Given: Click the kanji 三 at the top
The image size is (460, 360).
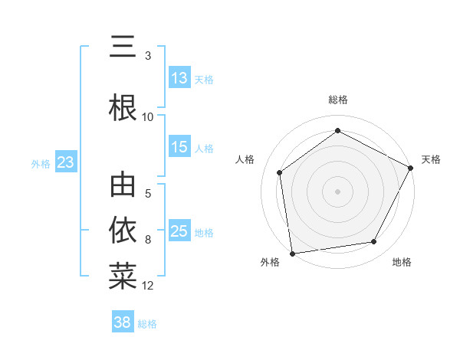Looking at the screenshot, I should [123, 48].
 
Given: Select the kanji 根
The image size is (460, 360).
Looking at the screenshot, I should [123, 106].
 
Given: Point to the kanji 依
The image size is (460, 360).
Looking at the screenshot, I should [123, 229].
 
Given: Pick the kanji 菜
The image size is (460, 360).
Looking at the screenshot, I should [123, 276].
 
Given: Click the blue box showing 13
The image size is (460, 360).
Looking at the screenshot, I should [179, 79].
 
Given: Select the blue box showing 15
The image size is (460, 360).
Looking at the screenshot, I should [179, 148].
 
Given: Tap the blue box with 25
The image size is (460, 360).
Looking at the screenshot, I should [179, 232].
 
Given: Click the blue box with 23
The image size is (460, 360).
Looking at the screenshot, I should [65, 163].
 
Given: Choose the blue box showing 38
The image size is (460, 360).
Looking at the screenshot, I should [123, 323].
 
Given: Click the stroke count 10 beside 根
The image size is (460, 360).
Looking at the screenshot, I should [148, 117].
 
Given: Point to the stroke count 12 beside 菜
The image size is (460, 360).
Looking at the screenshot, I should [148, 286].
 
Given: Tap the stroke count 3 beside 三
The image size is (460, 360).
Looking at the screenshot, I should [148, 56].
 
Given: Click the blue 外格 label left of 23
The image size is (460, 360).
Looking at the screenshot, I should [41, 164].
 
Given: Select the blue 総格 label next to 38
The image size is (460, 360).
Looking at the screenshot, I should [147, 324].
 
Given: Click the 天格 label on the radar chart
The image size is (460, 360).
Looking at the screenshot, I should [431, 159].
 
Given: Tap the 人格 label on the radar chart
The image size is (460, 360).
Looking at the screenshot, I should [245, 159].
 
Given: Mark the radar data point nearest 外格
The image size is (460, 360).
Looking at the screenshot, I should [292, 253].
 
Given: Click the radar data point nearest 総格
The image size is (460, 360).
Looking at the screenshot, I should [337, 131].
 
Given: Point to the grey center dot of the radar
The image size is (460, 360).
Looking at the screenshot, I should [337, 191].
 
